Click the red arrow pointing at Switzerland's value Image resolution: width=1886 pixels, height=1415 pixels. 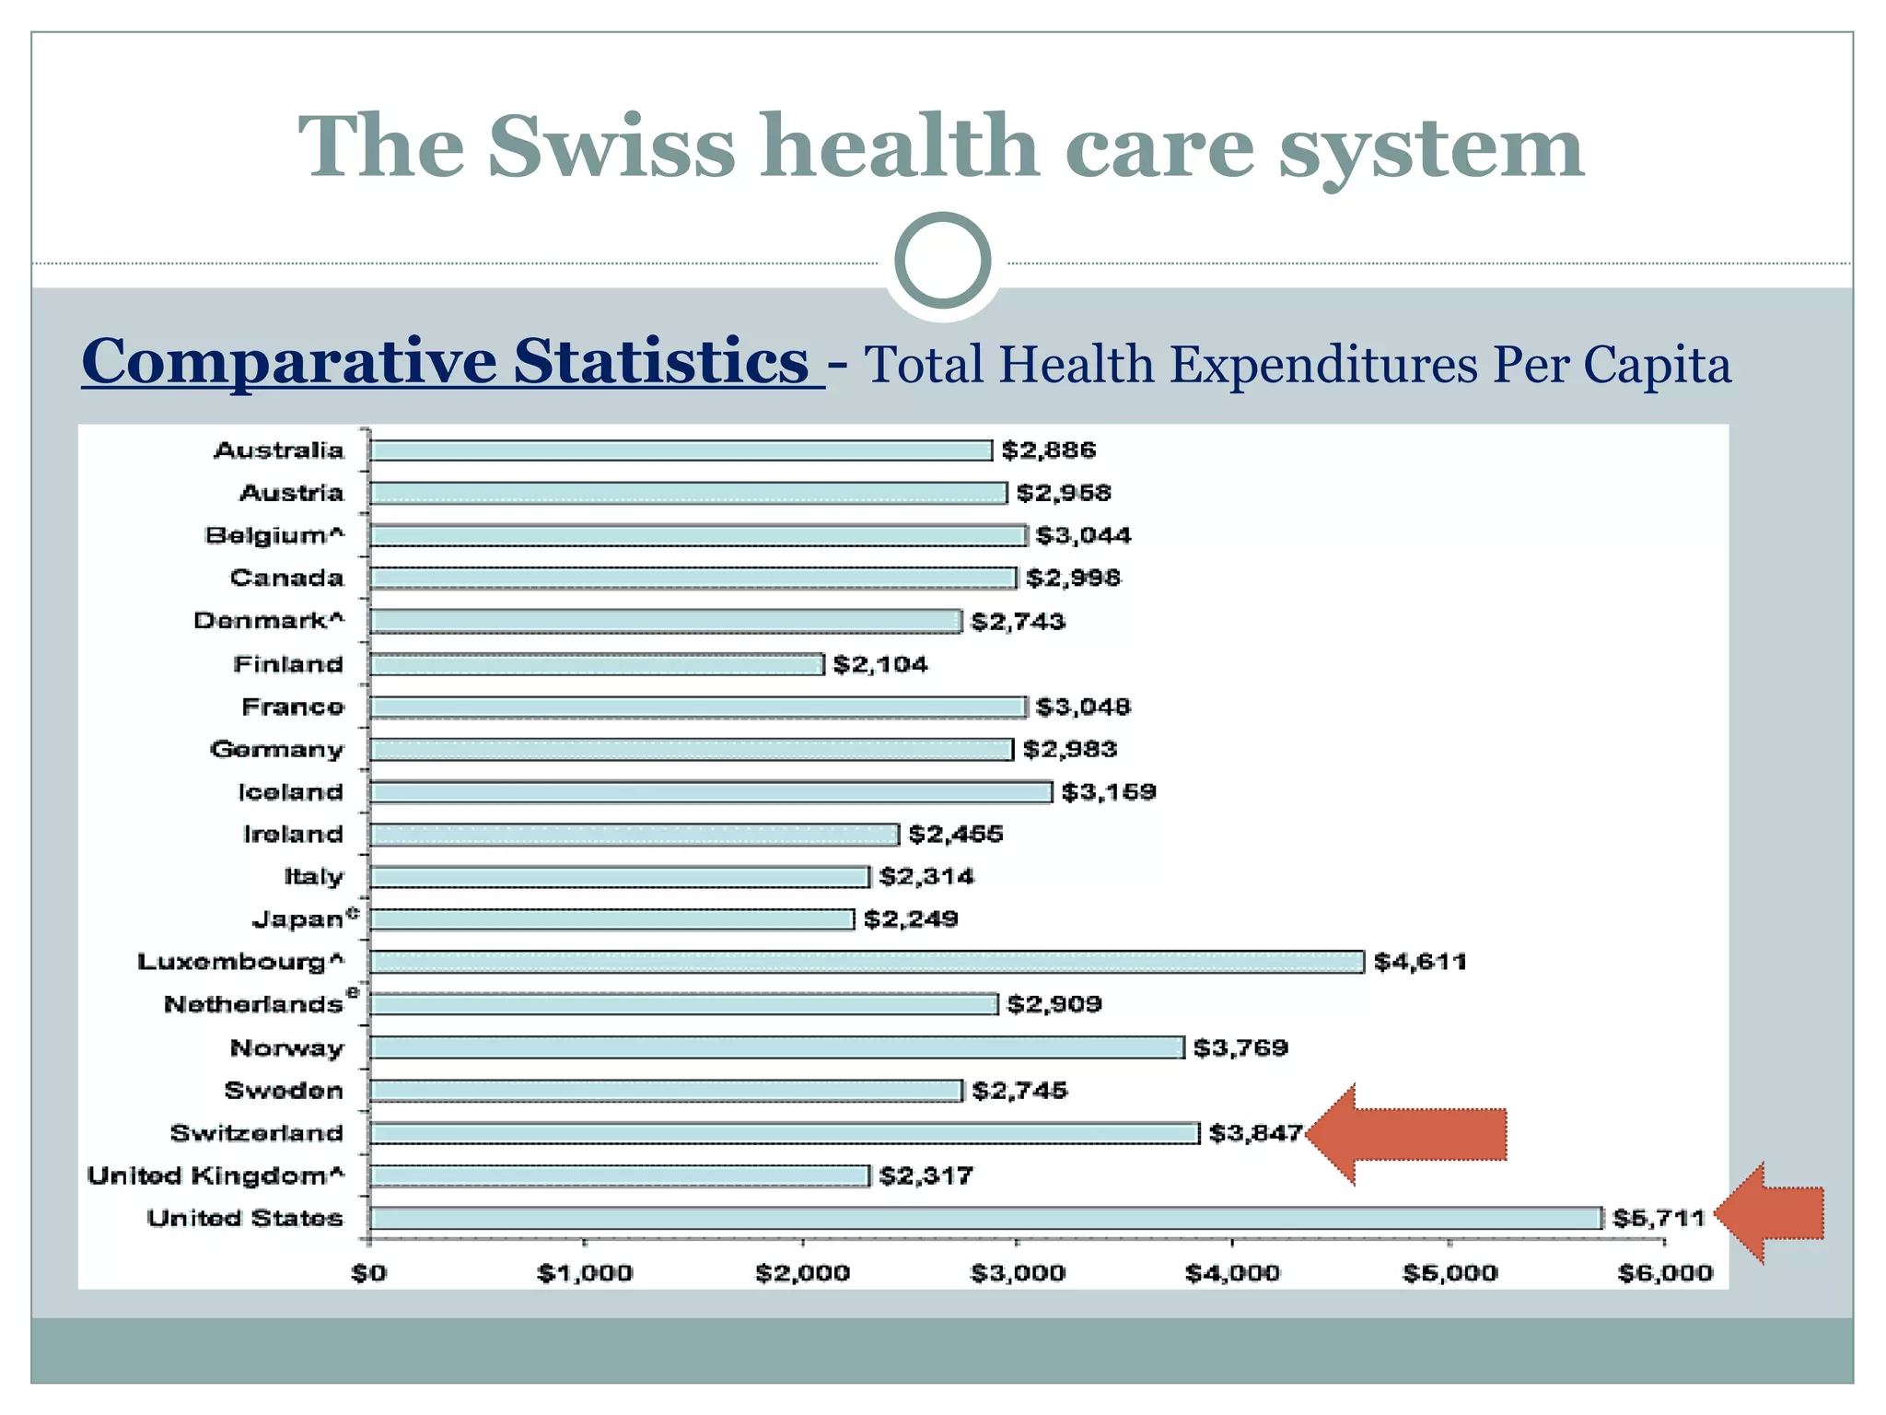(x=1409, y=1134)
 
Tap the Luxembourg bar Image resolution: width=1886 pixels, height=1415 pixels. (x=866, y=962)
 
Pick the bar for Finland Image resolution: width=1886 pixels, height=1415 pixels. (x=597, y=664)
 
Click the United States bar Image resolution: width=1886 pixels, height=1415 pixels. (x=985, y=1218)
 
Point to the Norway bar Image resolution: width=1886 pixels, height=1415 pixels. (x=776, y=1047)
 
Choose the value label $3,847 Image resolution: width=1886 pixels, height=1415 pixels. (x=1255, y=1133)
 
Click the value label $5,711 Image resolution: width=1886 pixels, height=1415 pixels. (x=1659, y=1218)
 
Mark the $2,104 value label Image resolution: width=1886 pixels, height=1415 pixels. (x=879, y=664)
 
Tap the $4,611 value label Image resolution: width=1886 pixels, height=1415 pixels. (x=1419, y=962)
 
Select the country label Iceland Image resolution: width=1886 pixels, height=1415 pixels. (x=290, y=792)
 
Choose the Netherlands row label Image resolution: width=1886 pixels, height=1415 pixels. (x=254, y=1004)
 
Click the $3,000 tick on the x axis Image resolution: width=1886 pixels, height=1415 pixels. (x=1018, y=1273)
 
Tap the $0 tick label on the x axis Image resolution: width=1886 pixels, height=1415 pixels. (x=368, y=1273)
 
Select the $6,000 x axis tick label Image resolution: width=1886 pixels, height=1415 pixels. (x=1665, y=1273)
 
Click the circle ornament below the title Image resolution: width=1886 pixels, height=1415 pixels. (x=942, y=261)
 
